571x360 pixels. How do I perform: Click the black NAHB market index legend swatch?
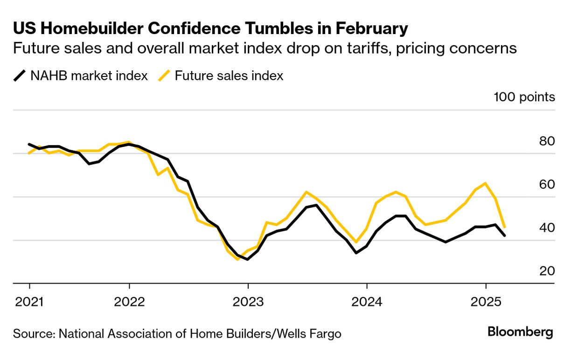[20, 76]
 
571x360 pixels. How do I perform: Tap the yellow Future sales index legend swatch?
[164, 76]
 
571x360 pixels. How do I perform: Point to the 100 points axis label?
[524, 97]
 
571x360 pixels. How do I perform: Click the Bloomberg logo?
[520, 332]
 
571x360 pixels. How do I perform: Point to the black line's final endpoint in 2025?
[505, 235]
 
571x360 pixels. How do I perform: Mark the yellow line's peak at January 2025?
[486, 183]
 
